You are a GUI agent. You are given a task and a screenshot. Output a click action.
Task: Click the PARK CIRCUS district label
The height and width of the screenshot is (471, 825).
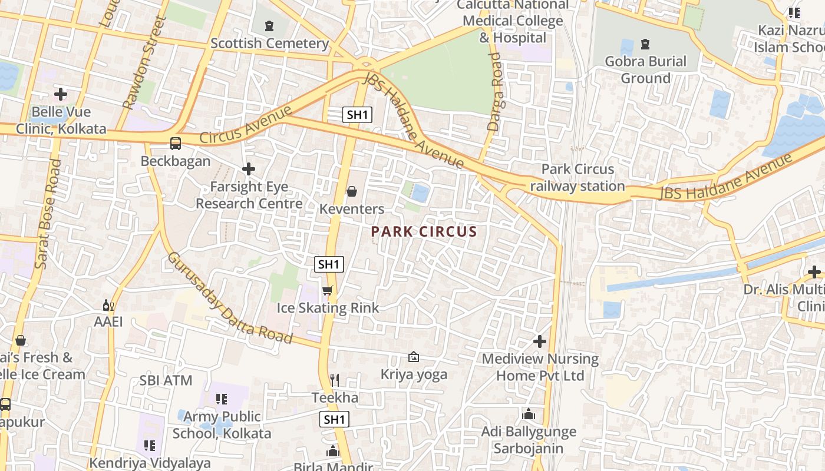coord(424,231)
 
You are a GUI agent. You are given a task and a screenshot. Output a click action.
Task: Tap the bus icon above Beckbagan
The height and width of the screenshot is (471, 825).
coord(175,143)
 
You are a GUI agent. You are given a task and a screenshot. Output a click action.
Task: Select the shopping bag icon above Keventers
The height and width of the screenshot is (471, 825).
coord(352,191)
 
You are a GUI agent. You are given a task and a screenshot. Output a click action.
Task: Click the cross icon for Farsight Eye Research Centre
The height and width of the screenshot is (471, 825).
coord(249,169)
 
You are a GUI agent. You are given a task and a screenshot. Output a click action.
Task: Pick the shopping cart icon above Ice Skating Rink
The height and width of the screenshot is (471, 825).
coord(328,290)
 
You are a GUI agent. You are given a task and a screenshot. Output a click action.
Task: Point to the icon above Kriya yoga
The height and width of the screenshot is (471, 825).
coord(414,357)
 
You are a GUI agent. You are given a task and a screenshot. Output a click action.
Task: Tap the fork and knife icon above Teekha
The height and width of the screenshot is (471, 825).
coord(335,380)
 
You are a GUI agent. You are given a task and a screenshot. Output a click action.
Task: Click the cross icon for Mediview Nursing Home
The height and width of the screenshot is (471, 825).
coord(539,341)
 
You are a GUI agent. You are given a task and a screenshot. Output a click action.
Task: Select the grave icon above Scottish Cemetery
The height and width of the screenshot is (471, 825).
coord(269,26)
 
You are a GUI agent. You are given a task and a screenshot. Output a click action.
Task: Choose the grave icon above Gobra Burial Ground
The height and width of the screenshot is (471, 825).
coord(645,44)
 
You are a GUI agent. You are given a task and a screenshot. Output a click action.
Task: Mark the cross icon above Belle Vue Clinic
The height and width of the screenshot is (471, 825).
coord(61,94)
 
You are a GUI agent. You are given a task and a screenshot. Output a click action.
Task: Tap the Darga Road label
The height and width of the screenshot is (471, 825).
coord(494,91)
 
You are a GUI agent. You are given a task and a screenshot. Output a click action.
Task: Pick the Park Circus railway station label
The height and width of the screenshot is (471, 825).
coord(577,178)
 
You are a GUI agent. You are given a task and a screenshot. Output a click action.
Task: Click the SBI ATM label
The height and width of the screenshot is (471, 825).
coord(166,380)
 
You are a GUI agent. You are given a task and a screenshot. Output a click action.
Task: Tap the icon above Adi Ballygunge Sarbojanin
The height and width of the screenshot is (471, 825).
coord(529,414)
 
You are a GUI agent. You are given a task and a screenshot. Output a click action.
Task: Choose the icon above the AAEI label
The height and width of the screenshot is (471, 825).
coord(108,305)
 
